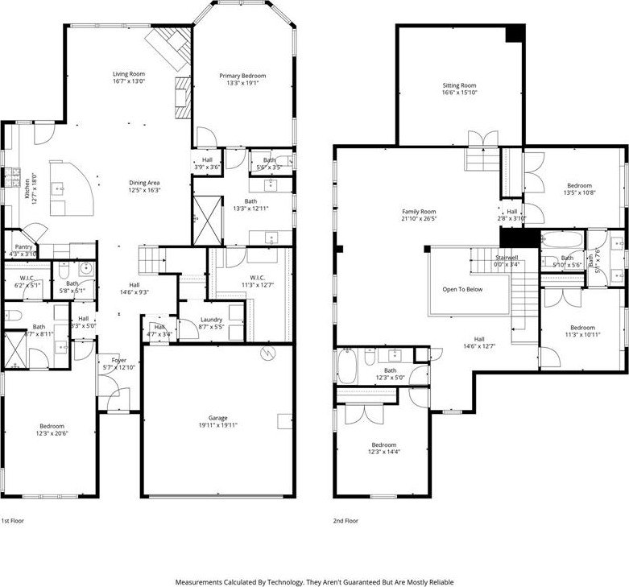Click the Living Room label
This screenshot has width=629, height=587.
tap(128, 74)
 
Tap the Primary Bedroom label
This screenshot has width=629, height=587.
tap(242, 76)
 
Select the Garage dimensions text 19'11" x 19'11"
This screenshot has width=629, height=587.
tap(217, 425)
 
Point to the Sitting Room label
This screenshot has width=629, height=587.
tap(459, 85)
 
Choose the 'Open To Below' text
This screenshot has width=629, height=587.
tap(462, 289)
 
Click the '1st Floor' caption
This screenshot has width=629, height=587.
tap(13, 520)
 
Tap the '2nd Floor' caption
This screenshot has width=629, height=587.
tap(346, 520)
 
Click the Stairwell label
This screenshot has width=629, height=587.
tap(507, 255)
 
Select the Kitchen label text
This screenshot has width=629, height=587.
tap(26, 186)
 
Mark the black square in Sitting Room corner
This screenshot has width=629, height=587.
tap(515, 35)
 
